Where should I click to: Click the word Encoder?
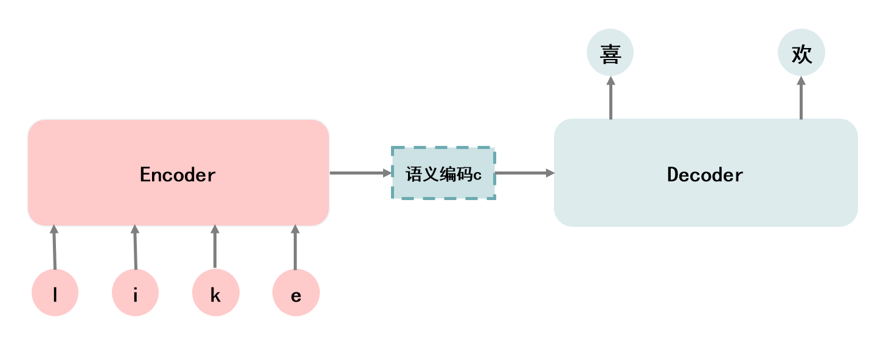pyautogui.click(x=178, y=175)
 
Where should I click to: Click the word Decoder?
pyautogui.click(x=705, y=175)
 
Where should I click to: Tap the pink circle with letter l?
pyautogui.click(x=55, y=293)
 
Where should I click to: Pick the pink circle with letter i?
pyautogui.click(x=136, y=293)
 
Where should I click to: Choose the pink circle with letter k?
pyautogui.click(x=216, y=293)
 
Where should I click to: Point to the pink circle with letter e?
pyautogui.click(x=296, y=293)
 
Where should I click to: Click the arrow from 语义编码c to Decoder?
pyautogui.click(x=524, y=173)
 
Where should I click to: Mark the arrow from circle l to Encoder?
pyautogui.click(x=54, y=247)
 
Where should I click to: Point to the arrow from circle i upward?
pyautogui.click(x=135, y=247)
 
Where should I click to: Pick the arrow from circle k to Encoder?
pyautogui.click(x=215, y=247)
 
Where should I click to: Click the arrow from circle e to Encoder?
pyautogui.click(x=296, y=247)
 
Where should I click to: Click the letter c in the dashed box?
pyautogui.click(x=477, y=176)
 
